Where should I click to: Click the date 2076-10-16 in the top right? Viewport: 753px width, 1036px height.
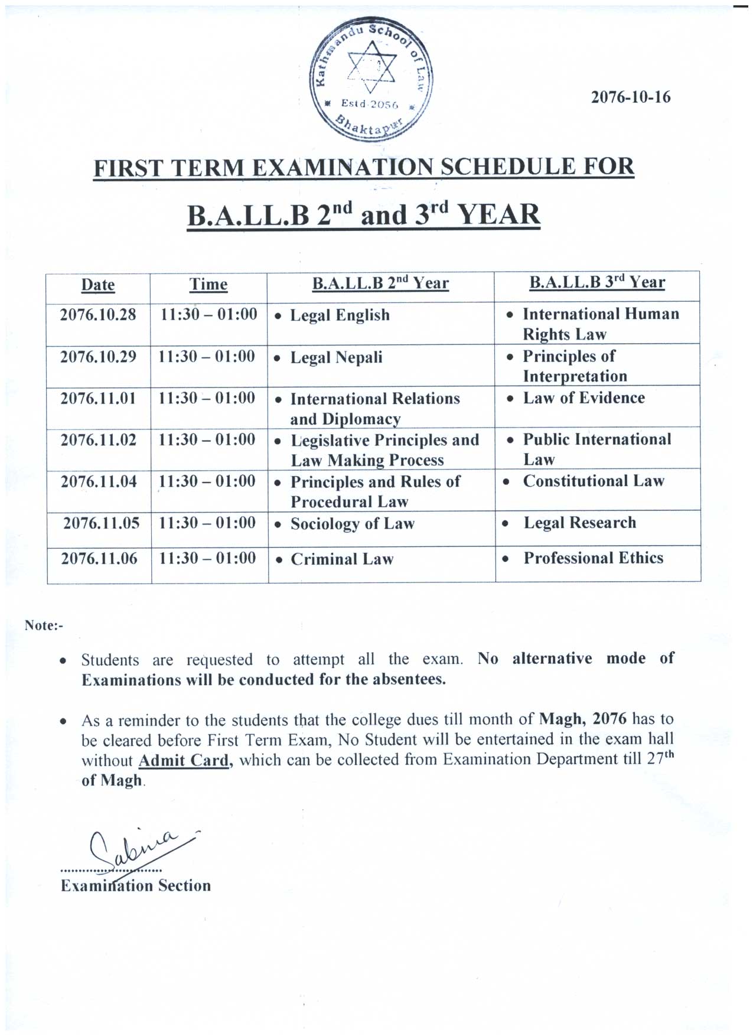click(630, 97)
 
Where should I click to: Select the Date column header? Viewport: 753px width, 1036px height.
click(98, 285)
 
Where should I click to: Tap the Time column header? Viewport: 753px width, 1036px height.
click(208, 285)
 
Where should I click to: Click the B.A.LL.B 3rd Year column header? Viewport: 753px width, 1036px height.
click(596, 282)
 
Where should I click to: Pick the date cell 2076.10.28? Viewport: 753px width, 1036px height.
click(98, 314)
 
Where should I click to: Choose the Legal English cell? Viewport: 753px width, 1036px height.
click(340, 315)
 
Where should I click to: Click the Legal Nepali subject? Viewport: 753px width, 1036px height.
click(336, 357)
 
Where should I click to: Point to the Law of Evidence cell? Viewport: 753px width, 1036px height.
click(584, 398)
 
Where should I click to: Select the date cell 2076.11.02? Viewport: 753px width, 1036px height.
click(99, 440)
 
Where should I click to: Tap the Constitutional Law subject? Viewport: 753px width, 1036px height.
click(594, 481)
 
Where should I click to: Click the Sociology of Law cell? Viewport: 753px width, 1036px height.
click(352, 524)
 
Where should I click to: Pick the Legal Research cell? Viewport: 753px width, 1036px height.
click(579, 523)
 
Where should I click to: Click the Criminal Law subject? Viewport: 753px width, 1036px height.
click(342, 559)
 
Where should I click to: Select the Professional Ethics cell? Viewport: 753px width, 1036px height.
click(593, 558)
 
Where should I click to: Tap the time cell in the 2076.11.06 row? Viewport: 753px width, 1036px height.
click(207, 558)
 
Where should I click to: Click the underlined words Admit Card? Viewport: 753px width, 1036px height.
click(183, 760)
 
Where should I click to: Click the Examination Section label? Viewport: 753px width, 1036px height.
click(136, 885)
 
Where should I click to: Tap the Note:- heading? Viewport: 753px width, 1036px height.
click(44, 625)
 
